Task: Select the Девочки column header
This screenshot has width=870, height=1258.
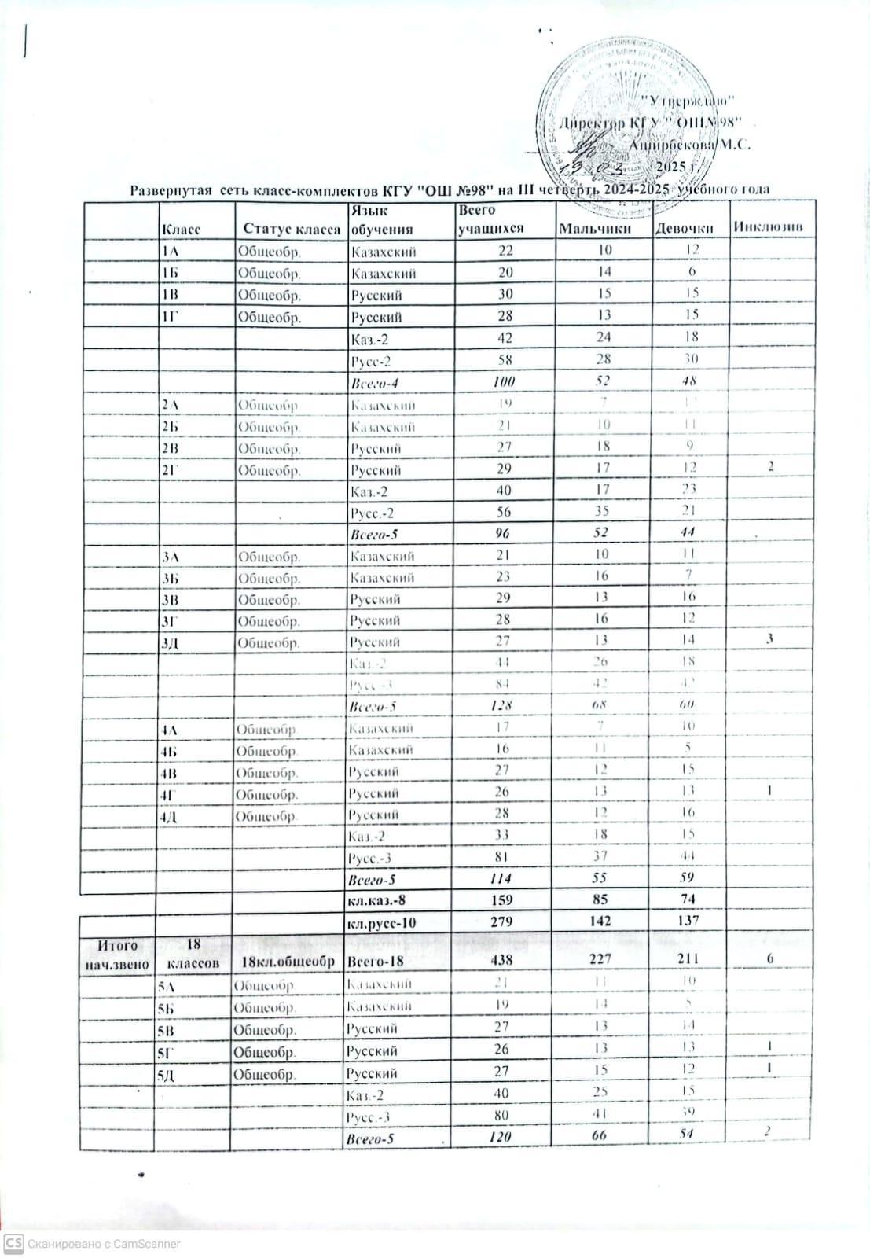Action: click(x=684, y=229)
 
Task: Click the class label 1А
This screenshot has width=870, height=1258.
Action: click(x=171, y=252)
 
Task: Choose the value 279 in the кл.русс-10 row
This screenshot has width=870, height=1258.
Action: click(x=501, y=921)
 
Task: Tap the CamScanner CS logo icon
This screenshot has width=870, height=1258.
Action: click(x=13, y=1243)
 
